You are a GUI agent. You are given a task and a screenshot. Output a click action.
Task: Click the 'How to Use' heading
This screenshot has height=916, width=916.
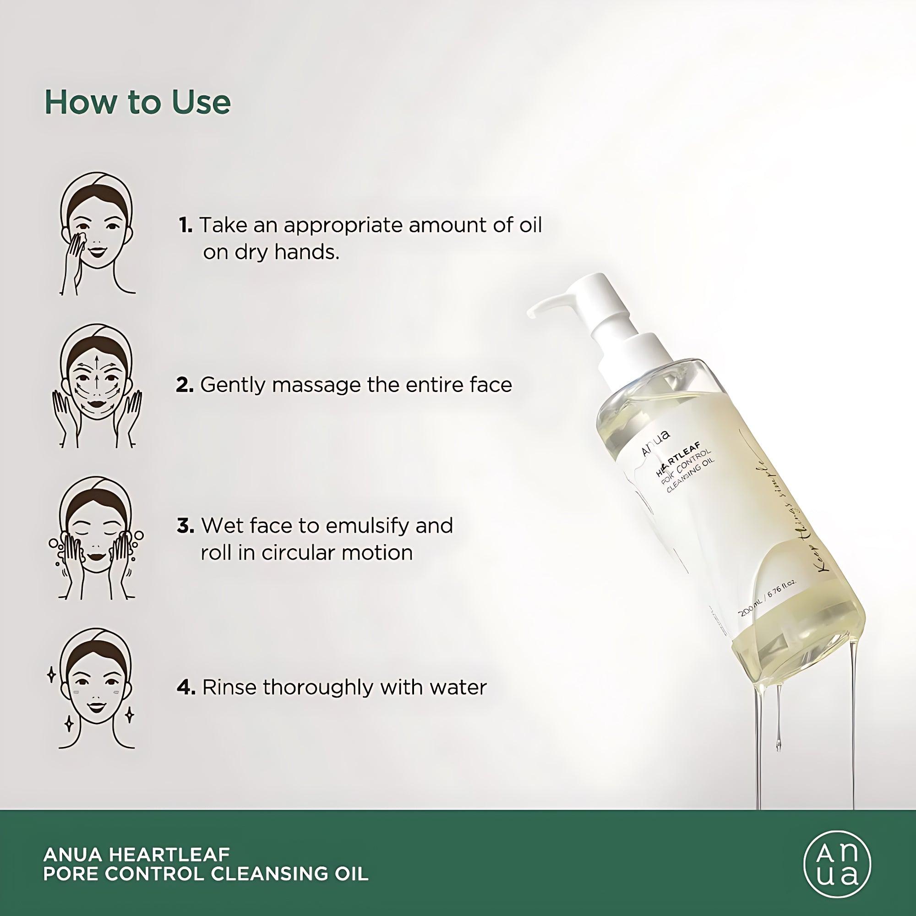(137, 102)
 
